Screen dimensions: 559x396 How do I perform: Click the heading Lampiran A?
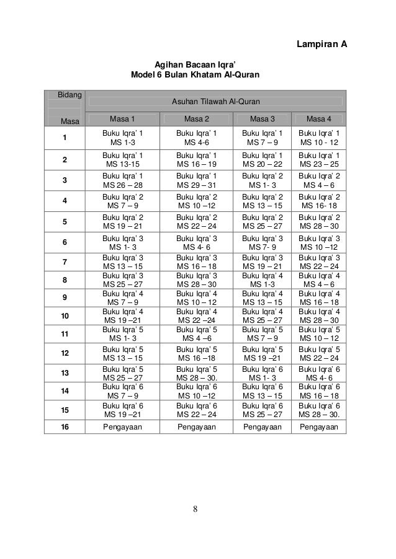tap(321, 45)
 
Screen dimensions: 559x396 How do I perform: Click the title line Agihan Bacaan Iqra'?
tap(195, 64)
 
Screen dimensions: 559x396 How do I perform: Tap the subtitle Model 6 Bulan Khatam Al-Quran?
tap(195, 76)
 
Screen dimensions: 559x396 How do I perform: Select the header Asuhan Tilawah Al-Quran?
tap(216, 101)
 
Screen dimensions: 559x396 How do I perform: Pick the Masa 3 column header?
tap(260, 118)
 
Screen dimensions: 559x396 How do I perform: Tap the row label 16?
tap(65, 428)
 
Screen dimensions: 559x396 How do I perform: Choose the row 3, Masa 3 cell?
tap(260, 180)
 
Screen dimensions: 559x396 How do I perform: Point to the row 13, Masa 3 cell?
tap(260, 373)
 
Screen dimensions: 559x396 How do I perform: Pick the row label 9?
tap(64, 297)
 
